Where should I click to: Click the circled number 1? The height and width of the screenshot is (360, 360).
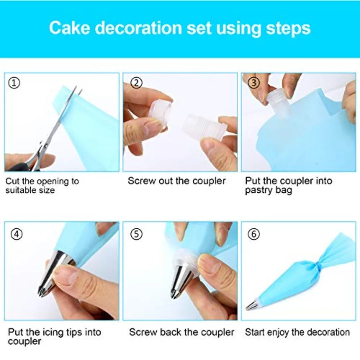14,83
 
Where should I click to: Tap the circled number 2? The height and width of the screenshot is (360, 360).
137,83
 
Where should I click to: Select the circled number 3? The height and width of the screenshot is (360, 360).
254,83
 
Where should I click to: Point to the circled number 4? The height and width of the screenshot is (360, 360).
16,234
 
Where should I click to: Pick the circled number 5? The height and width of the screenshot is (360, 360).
137,234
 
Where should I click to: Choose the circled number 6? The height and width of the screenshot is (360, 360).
254,234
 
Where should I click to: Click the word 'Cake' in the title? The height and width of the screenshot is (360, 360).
71,28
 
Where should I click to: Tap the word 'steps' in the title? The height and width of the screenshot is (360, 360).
288,28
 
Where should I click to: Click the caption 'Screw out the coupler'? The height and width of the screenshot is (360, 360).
177,181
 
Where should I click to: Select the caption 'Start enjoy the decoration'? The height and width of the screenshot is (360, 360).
297,332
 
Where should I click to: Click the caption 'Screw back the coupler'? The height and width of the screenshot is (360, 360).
182,332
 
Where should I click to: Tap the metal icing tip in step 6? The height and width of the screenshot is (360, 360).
252,306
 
